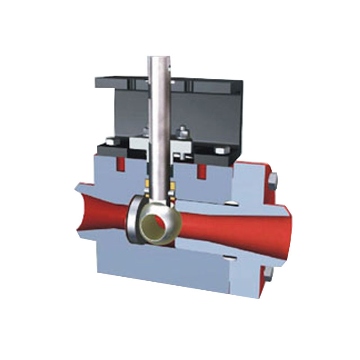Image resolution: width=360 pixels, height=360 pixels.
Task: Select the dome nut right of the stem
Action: pos(182,132)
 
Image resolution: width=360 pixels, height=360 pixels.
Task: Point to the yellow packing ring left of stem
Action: pos(147,184)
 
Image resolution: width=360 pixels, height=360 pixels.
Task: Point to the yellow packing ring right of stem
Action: pos(171,185)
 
